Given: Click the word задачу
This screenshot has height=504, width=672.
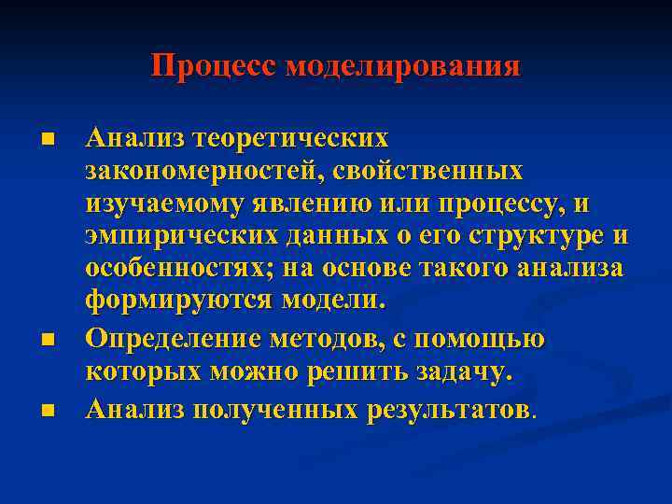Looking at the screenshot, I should [464, 373].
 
